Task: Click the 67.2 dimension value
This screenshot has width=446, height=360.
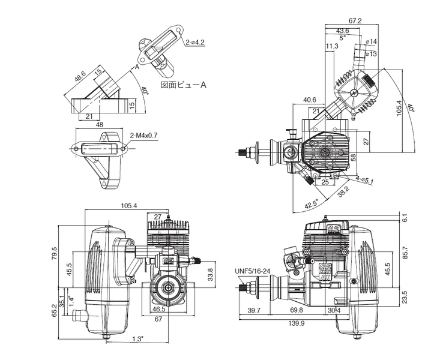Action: point(355,21)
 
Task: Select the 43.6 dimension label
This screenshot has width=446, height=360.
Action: point(343,31)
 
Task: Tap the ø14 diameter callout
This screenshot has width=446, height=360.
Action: point(371,42)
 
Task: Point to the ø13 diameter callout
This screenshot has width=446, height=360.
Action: point(371,53)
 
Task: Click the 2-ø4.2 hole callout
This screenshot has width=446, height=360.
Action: point(195,43)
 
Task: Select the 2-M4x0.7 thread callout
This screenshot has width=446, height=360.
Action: point(143,136)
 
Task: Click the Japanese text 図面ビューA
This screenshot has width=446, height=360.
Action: point(184,85)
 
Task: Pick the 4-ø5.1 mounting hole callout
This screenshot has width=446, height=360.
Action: point(364,180)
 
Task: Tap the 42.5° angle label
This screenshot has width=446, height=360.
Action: point(311,204)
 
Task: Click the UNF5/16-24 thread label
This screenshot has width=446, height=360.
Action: point(252,271)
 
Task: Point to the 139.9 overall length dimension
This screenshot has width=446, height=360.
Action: point(297,323)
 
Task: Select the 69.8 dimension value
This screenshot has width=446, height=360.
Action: point(297,310)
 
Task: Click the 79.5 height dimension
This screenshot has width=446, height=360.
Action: point(55,253)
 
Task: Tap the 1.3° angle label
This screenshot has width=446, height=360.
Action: point(138,338)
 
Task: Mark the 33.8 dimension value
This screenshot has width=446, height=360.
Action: point(210,274)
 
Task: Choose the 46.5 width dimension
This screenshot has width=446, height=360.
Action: point(159,310)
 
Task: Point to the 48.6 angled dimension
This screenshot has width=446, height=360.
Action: point(80,77)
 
